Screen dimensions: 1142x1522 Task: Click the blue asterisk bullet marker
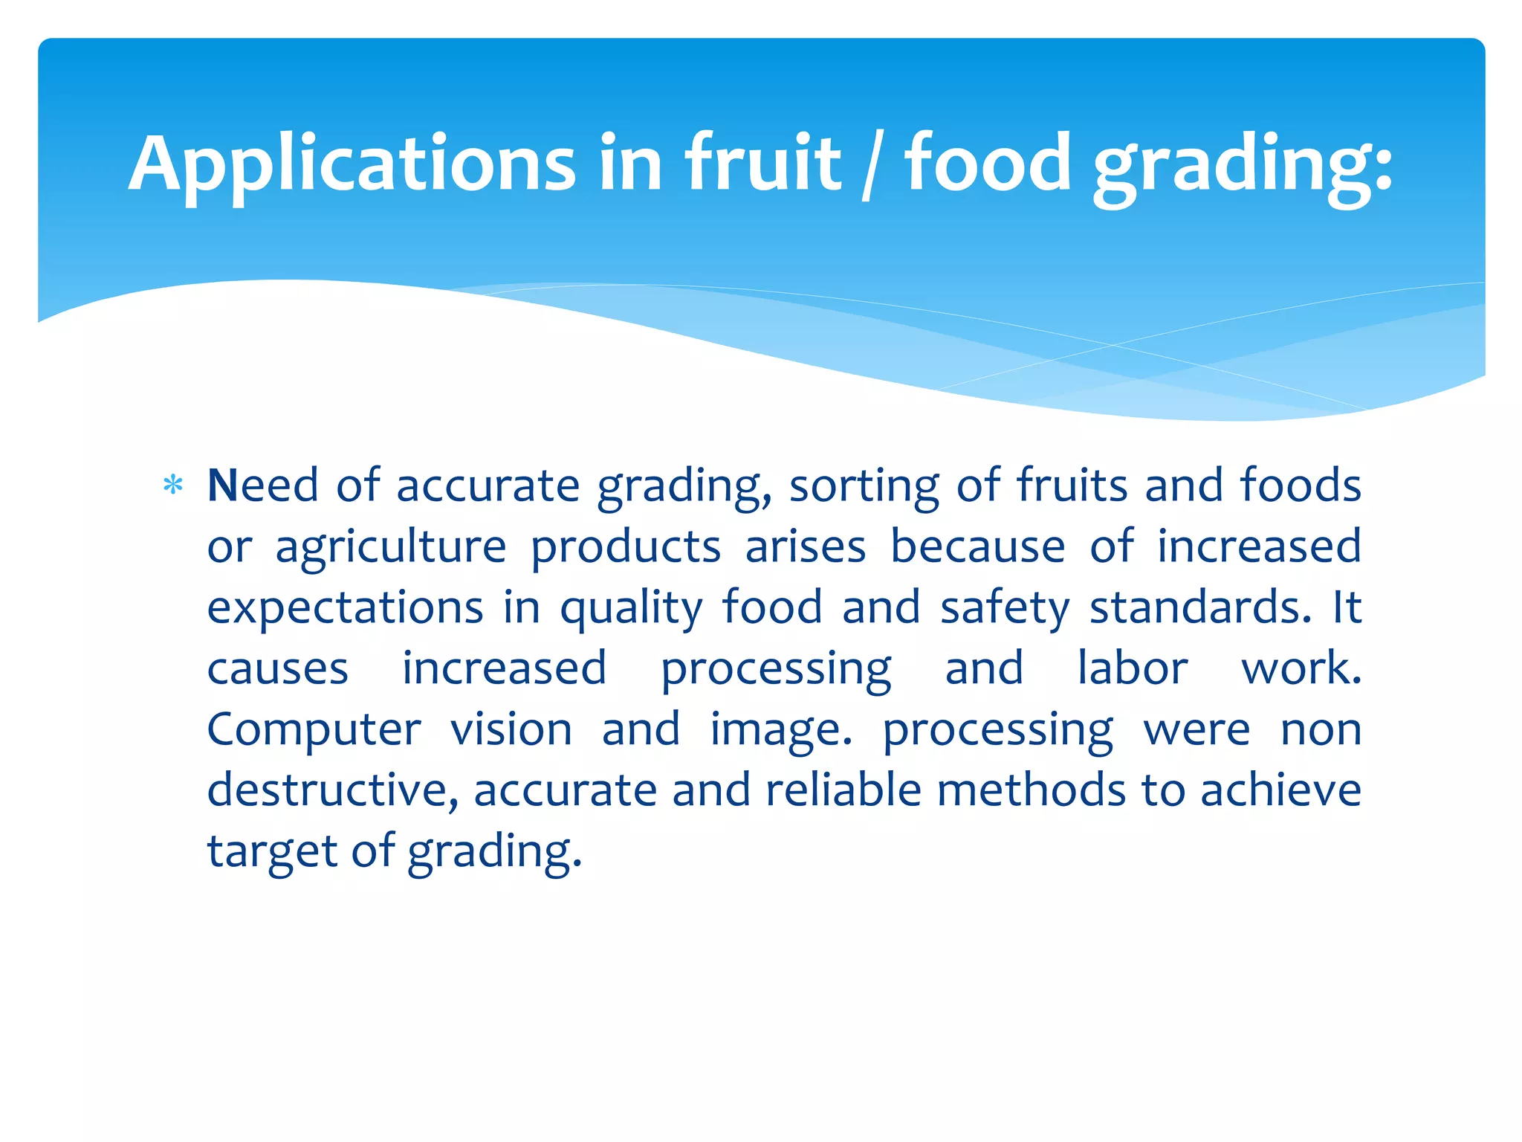point(173,486)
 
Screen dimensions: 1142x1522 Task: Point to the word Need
point(263,486)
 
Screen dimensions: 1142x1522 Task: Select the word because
point(978,547)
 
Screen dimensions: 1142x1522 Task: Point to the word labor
point(1133,669)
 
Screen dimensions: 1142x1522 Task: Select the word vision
point(511,730)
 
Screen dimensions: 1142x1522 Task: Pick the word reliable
point(843,790)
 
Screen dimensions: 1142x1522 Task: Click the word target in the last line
point(272,852)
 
